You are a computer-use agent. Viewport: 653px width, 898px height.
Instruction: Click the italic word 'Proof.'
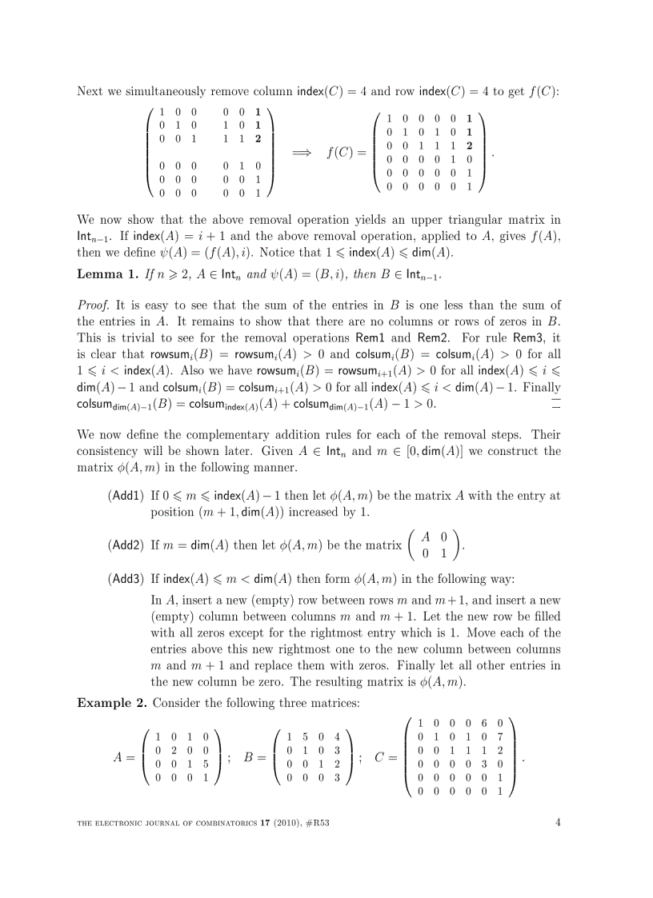point(94,305)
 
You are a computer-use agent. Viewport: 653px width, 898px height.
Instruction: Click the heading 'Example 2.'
point(111,703)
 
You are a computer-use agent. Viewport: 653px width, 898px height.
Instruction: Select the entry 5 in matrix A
point(206,763)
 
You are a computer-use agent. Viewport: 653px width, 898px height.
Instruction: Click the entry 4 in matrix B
point(338,736)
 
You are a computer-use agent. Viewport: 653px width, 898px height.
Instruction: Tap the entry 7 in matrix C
point(499,736)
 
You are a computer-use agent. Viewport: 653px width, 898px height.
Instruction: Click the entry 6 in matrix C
point(483,722)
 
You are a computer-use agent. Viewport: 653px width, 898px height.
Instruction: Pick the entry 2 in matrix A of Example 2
point(174,749)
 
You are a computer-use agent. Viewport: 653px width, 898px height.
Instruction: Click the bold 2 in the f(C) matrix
point(469,146)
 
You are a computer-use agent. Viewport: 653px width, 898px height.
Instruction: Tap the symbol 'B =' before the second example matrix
point(254,756)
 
